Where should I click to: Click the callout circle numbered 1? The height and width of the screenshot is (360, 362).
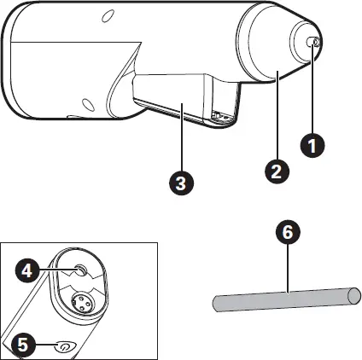[x=314, y=145]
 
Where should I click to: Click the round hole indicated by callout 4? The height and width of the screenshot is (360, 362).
[x=79, y=271]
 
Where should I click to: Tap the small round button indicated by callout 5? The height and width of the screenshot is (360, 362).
[x=64, y=345]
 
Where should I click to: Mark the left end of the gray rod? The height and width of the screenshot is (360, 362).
[x=216, y=305]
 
